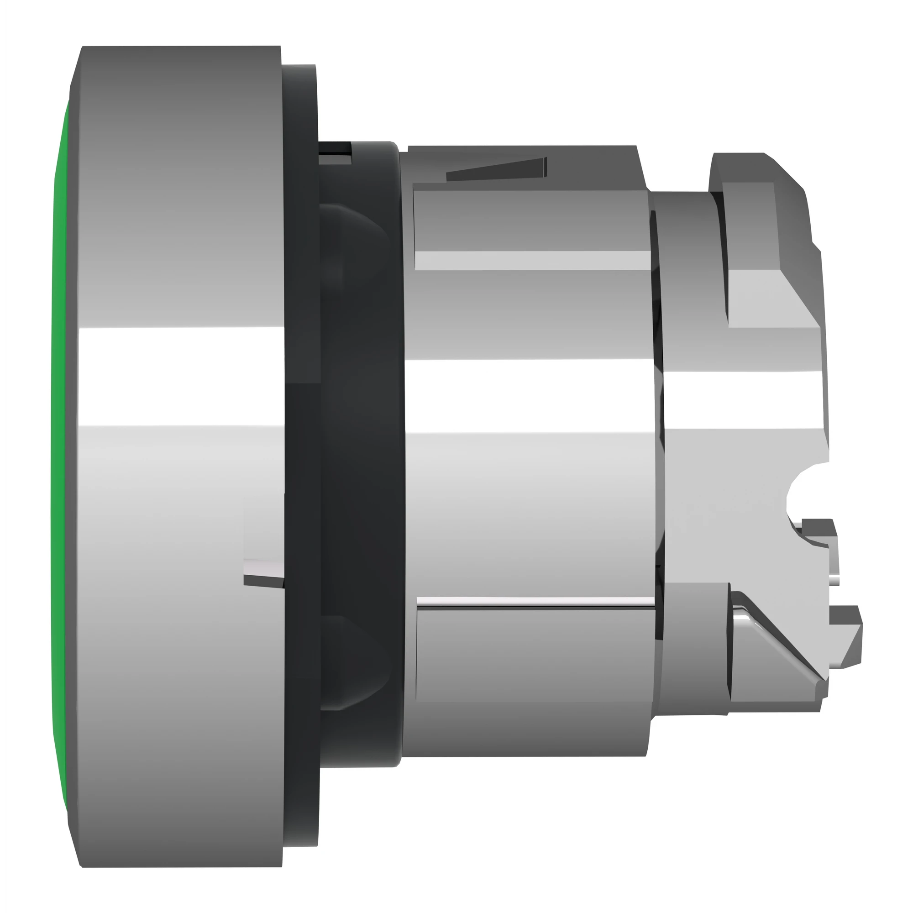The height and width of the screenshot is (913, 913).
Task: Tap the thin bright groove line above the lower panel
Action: [534, 601]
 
